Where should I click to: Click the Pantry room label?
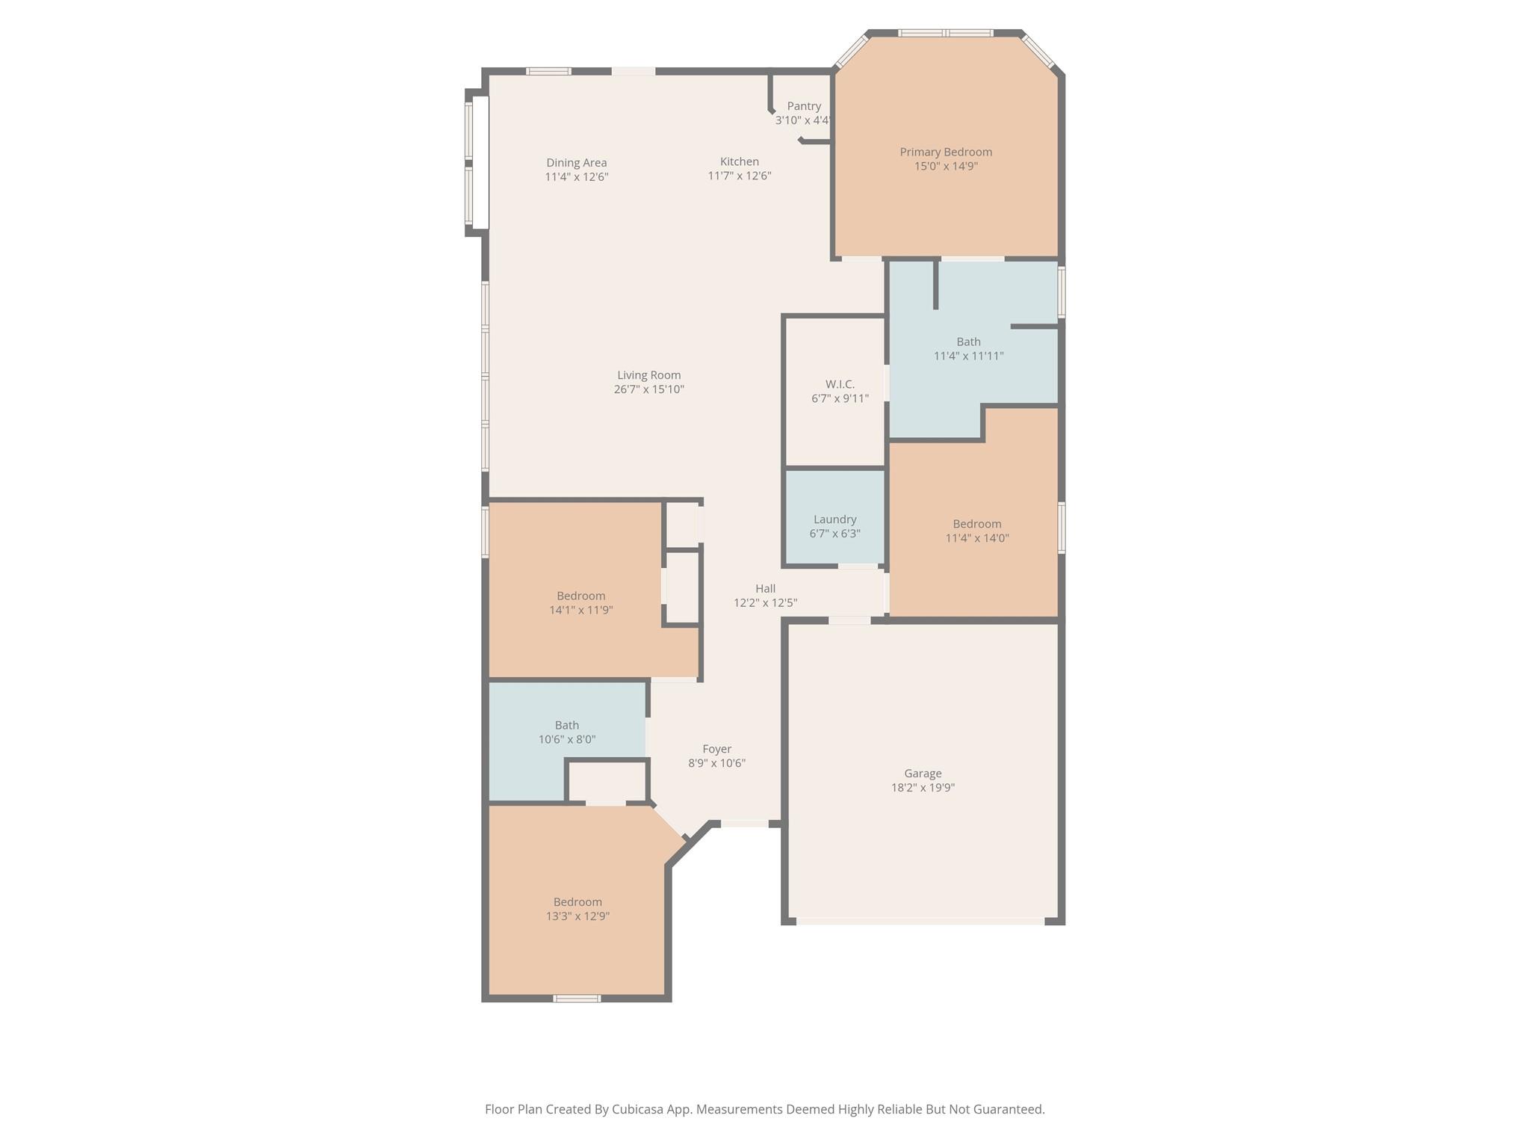pos(804,106)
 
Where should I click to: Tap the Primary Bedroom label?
pos(946,152)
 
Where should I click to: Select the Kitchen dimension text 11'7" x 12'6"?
pos(740,176)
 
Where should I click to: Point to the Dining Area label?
pos(576,162)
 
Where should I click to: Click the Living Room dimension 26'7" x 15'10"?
pos(648,389)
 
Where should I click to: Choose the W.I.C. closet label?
pos(840,384)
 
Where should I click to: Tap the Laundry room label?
pos(834,519)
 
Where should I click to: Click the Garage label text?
pos(923,774)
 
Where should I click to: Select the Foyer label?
pos(716,749)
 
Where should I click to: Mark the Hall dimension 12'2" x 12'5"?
pos(765,603)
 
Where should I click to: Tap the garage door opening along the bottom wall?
pos(920,922)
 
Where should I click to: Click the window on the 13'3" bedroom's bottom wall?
pos(576,999)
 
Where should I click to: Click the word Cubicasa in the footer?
pos(640,1109)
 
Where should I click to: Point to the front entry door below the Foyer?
pos(744,824)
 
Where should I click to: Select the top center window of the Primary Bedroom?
pos(946,33)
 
